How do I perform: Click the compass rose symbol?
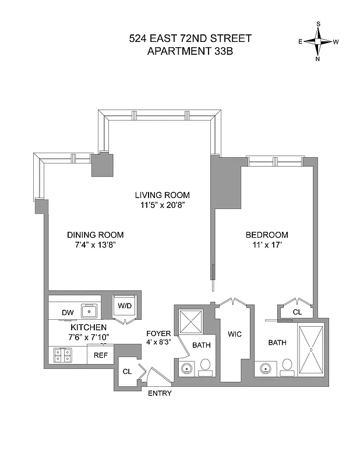[x=319, y=41]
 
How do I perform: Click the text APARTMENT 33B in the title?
[x=190, y=51]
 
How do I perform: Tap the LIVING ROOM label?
[x=162, y=195]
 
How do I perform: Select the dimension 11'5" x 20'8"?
[x=162, y=205]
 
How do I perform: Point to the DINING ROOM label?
[x=95, y=235]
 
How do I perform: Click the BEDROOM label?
[x=267, y=235]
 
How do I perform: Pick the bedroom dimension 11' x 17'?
[x=267, y=245]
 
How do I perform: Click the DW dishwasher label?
[x=68, y=313]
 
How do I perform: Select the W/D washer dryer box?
[x=125, y=305]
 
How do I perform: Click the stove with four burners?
[x=62, y=354]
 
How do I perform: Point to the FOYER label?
[x=158, y=334]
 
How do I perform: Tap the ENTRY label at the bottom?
[x=159, y=394]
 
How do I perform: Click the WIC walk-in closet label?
[x=235, y=334]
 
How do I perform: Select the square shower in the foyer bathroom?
[x=189, y=321]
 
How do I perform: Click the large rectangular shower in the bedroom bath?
[x=311, y=349]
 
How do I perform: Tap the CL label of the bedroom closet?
[x=297, y=312]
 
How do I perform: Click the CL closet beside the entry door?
[x=127, y=371]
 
